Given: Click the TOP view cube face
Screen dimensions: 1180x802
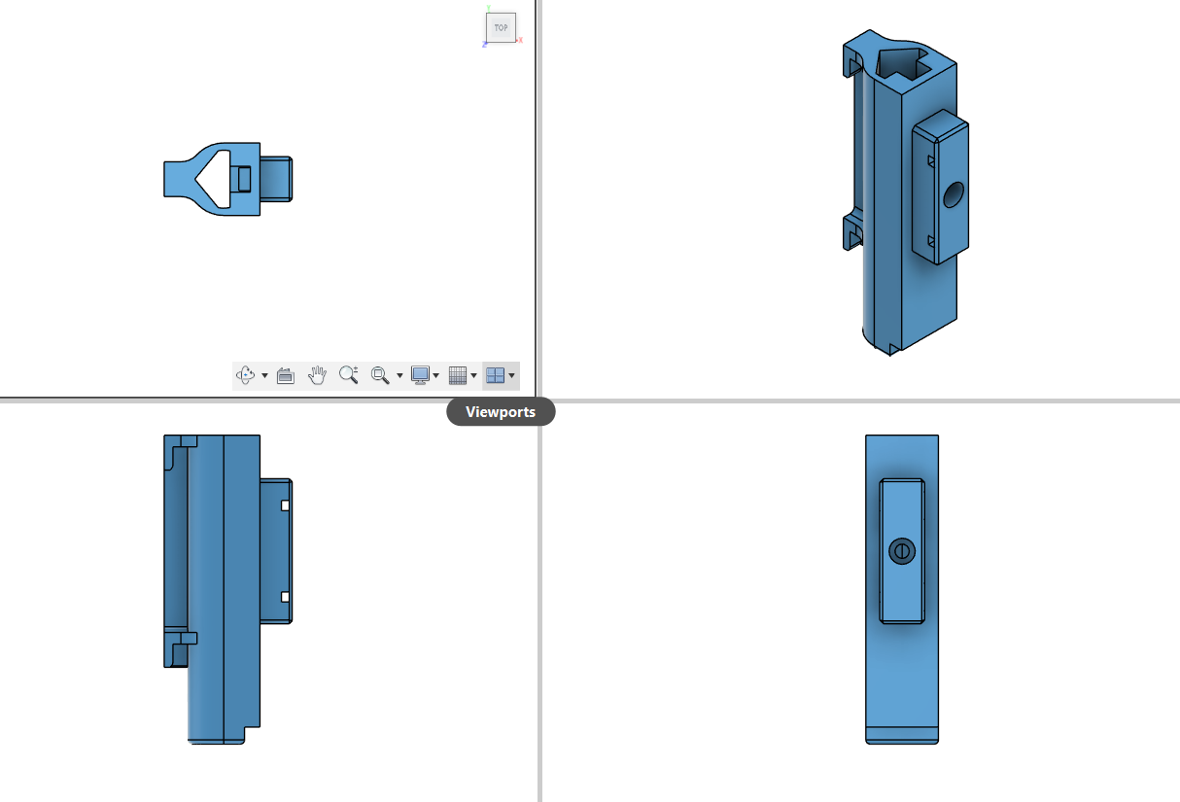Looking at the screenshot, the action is click(501, 27).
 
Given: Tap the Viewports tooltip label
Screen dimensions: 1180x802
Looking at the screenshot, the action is click(501, 411).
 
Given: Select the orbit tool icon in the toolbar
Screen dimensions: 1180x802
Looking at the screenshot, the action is click(246, 375).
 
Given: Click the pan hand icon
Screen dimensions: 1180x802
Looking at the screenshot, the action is click(317, 375).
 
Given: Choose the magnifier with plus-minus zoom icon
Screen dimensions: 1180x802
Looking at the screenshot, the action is click(349, 374).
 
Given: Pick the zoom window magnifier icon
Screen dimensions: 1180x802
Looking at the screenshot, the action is click(380, 375).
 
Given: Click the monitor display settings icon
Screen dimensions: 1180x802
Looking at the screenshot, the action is click(420, 375).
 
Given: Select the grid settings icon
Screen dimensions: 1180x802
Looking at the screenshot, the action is click(458, 375).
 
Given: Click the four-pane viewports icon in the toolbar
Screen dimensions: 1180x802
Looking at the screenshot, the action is click(495, 375).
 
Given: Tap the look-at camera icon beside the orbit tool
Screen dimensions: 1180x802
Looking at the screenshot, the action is click(286, 375).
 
